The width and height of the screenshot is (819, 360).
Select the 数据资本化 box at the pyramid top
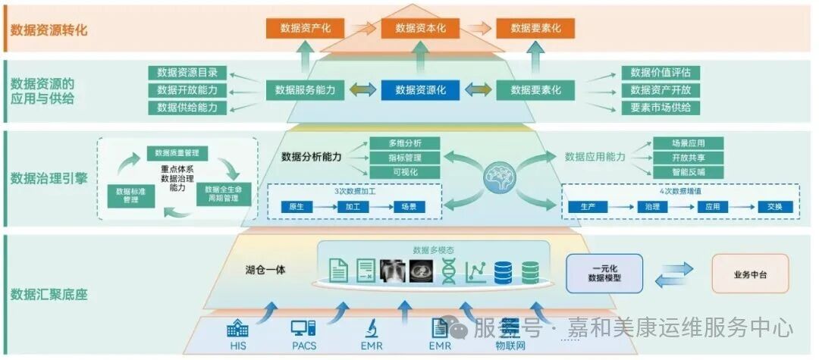420,28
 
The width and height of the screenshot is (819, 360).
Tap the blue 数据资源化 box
420,89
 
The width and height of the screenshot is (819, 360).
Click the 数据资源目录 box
187,73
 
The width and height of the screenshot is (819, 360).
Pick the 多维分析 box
404,143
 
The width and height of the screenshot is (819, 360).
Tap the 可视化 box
404,172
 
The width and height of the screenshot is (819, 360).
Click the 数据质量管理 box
177,153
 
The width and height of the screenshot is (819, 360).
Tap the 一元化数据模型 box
604,274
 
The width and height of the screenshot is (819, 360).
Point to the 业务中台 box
750,274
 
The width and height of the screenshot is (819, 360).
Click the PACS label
303,346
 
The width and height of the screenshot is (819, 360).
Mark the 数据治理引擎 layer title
49,179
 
